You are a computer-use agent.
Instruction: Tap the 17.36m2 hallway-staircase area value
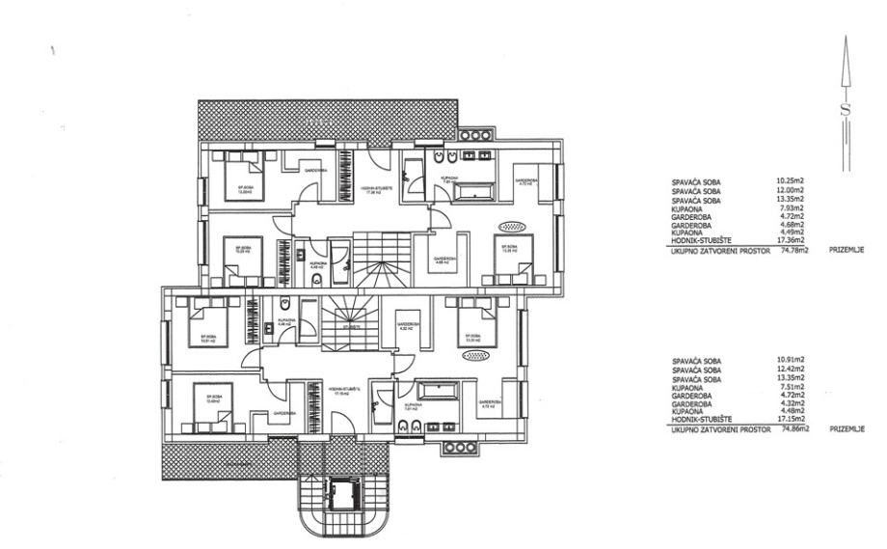tap(791, 240)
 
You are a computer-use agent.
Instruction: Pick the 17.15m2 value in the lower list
tap(791, 421)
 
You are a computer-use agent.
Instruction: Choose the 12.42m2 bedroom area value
tap(791, 370)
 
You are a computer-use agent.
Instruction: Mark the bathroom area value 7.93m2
tap(791, 206)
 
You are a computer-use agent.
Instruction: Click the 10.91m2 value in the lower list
tap(791, 361)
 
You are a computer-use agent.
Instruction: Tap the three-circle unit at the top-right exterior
tap(476, 136)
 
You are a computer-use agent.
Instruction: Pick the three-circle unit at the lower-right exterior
tap(459, 448)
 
